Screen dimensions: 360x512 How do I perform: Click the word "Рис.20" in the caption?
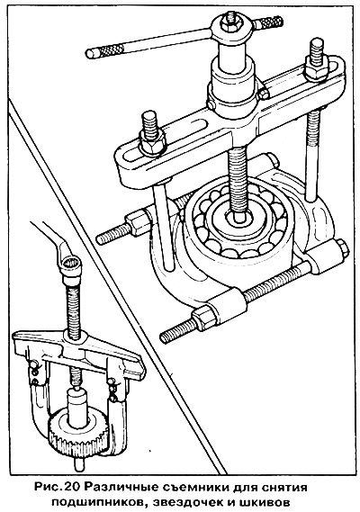[x=57, y=488]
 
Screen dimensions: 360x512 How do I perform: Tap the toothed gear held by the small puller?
[x=77, y=430]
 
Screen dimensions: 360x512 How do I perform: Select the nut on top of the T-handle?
[x=231, y=22]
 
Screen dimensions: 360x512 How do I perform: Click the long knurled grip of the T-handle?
[x=105, y=50]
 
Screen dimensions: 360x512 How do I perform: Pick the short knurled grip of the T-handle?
[x=269, y=22]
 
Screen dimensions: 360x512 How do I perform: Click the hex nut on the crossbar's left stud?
[x=151, y=141]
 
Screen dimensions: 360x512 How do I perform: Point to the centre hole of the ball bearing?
[x=239, y=218]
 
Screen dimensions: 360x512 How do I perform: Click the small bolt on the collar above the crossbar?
[x=264, y=94]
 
